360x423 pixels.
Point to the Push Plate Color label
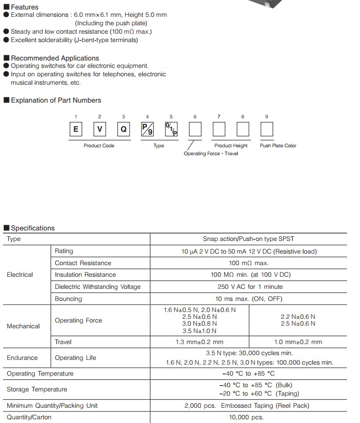point(278,146)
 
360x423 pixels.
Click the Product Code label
point(99,146)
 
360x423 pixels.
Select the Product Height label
point(231,146)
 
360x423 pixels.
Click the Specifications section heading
point(33,228)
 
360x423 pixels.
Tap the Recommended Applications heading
point(55,58)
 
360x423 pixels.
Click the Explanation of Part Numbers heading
point(56,100)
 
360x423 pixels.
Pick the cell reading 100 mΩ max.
point(248,263)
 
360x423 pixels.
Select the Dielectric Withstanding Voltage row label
point(98,287)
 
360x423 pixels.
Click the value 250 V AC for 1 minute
point(248,287)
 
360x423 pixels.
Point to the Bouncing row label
point(68,299)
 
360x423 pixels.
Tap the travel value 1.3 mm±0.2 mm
point(199,342)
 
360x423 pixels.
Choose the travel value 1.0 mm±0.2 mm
point(298,342)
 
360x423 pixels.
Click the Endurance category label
point(22,358)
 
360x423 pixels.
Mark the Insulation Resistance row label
point(85,275)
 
